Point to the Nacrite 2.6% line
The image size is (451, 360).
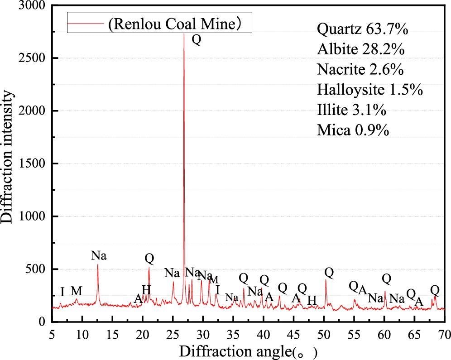click(360, 70)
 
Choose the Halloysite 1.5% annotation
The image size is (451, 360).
click(370, 90)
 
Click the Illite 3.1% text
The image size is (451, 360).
click(352, 110)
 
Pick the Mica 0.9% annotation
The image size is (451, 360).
click(353, 130)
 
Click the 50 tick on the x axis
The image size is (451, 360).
click(324, 334)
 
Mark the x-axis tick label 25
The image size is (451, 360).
click(173, 334)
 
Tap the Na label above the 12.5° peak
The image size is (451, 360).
click(99, 255)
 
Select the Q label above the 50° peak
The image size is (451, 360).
click(329, 273)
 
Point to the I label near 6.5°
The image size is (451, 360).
click(62, 292)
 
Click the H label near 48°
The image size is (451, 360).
click(312, 300)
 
